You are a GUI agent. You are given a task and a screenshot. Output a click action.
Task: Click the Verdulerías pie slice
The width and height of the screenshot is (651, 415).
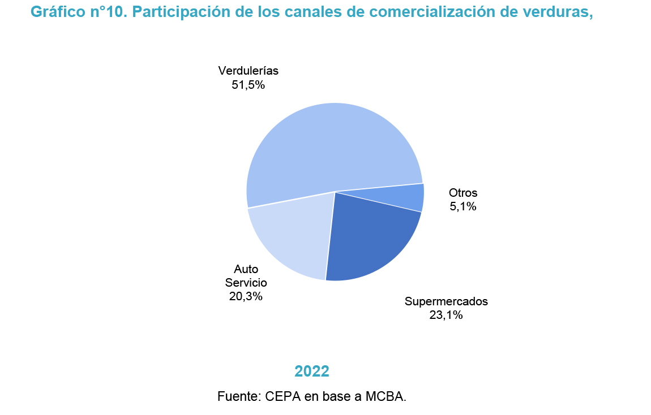328,147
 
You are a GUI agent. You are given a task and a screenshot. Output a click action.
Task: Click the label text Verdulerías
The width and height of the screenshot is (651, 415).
249,71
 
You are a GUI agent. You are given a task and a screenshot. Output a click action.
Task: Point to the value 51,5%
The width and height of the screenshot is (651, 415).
249,85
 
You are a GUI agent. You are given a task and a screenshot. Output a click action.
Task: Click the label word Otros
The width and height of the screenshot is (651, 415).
463,193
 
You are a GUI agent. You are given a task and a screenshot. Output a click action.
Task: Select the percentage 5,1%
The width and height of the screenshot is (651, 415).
463,207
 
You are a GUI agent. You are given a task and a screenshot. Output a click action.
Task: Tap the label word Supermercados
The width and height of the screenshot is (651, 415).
446,301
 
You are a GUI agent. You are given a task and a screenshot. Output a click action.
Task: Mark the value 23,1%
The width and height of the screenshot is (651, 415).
446,315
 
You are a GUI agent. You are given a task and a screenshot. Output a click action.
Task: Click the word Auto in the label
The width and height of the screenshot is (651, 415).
246,269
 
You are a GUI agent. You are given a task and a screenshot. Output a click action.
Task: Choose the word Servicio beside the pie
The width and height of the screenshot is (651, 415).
246,283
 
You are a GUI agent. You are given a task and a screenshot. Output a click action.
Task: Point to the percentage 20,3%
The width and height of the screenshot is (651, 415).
246,296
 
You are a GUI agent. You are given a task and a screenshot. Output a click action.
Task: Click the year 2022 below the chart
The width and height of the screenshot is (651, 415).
312,371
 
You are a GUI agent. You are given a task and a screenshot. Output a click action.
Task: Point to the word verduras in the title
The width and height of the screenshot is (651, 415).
557,12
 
